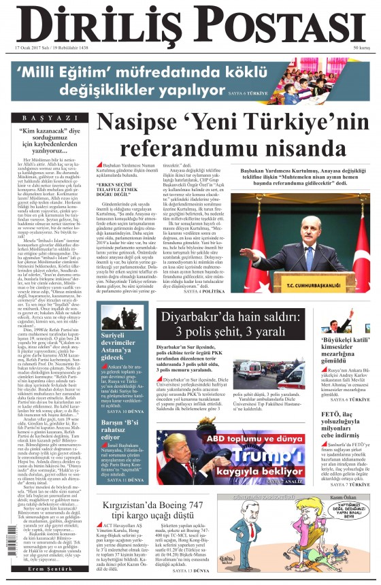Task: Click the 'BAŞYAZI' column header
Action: (x=48, y=117)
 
